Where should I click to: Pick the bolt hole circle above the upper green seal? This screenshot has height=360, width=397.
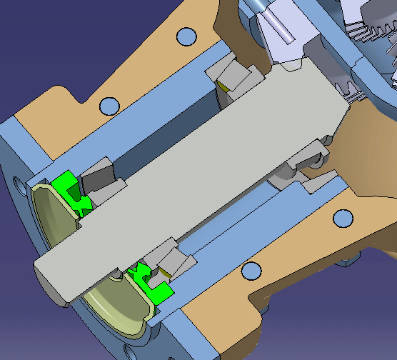pos(109,106)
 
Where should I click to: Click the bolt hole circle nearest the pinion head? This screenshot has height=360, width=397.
pos(344,217)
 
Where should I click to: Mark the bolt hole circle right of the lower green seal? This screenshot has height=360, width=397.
pos(251,270)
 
